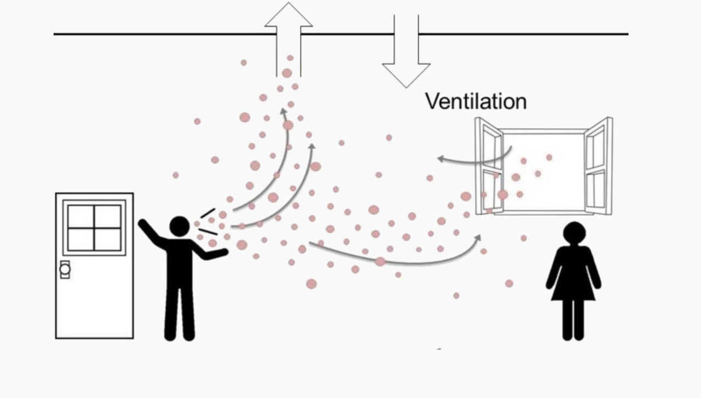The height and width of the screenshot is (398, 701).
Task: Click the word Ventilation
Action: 475,101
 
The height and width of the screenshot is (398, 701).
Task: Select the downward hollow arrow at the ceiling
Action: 406,55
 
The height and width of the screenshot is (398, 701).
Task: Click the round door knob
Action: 65,269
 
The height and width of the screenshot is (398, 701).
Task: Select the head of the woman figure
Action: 573,232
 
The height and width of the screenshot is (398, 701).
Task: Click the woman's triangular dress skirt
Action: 573,285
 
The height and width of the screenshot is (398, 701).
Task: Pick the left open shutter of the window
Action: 489,166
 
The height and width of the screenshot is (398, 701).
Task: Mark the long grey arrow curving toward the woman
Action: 394,261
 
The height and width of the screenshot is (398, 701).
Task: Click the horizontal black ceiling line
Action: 164,34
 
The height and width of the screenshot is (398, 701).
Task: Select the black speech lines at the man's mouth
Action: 208,222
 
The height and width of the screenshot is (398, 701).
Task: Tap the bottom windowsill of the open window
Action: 542,212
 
